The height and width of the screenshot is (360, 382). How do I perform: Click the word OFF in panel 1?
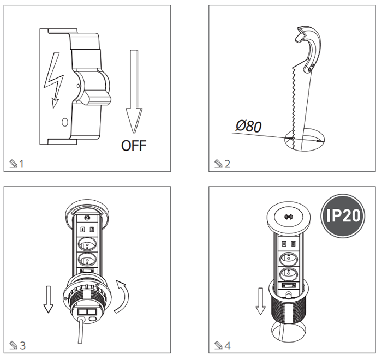(134, 146)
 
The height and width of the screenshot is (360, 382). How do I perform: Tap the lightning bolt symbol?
(53, 80)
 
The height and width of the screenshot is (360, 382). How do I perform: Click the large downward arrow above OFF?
(134, 92)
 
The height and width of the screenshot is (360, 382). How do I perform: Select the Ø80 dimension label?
(248, 126)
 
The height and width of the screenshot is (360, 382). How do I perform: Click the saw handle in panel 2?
(309, 48)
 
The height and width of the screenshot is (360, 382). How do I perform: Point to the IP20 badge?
(343, 215)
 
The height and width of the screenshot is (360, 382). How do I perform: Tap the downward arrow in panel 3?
(48, 299)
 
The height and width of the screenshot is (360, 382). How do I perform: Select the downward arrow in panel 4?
(260, 301)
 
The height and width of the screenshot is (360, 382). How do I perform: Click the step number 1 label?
(21, 164)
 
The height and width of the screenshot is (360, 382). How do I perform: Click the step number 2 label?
(227, 164)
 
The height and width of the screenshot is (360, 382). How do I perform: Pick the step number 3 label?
(22, 345)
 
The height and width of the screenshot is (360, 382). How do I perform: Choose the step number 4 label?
(228, 345)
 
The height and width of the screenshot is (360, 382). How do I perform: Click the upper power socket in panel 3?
(87, 244)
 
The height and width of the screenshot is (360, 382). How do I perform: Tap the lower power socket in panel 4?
(289, 274)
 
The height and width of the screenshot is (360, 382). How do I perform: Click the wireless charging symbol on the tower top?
(289, 217)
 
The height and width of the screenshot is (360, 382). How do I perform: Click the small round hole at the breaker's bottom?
(65, 122)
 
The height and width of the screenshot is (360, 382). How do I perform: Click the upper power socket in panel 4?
(289, 259)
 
